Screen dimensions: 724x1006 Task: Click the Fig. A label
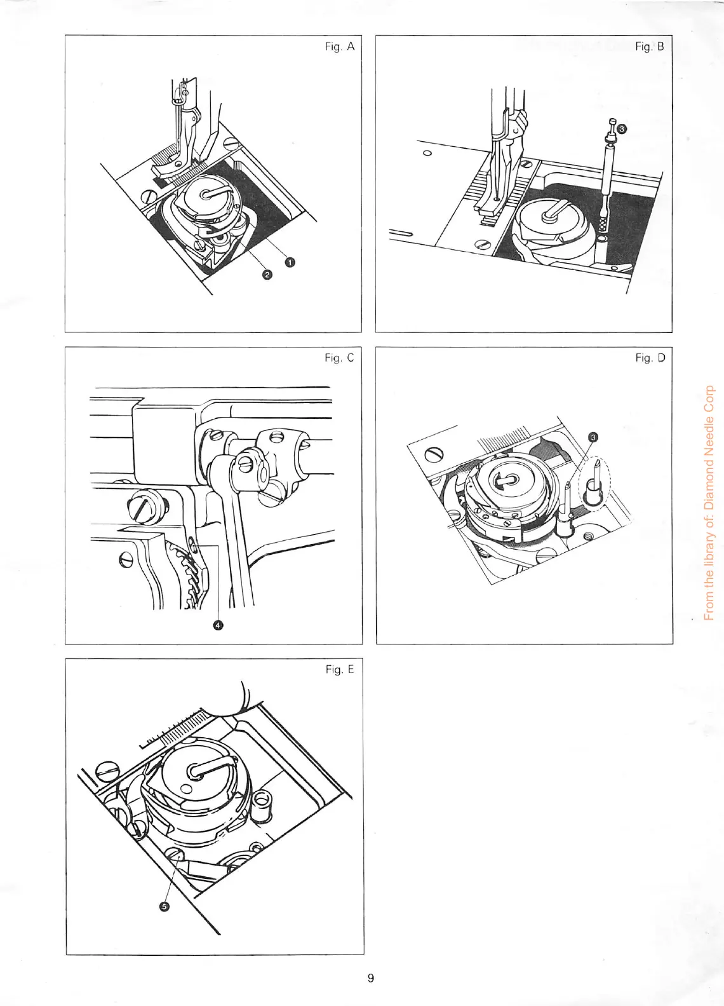pyautogui.click(x=339, y=47)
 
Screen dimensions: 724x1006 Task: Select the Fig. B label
pyautogui.click(x=650, y=47)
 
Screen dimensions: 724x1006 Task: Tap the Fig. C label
pyautogui.click(x=339, y=358)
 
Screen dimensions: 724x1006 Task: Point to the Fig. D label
pyautogui.click(x=650, y=358)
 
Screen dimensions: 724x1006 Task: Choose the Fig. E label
pyautogui.click(x=339, y=670)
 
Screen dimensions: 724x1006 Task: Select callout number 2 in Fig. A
pyautogui.click(x=267, y=274)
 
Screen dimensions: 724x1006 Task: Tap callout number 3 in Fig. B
pyautogui.click(x=622, y=128)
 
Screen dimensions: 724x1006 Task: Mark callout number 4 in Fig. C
pyautogui.click(x=218, y=625)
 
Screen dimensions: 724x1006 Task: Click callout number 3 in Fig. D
pyautogui.click(x=593, y=437)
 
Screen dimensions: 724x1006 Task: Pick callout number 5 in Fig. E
pyautogui.click(x=164, y=907)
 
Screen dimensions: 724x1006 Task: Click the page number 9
pyautogui.click(x=370, y=978)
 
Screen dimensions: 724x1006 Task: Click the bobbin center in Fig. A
pyautogui.click(x=207, y=195)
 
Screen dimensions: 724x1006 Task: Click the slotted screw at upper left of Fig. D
pyautogui.click(x=435, y=455)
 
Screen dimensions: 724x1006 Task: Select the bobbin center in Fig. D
pyautogui.click(x=504, y=481)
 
